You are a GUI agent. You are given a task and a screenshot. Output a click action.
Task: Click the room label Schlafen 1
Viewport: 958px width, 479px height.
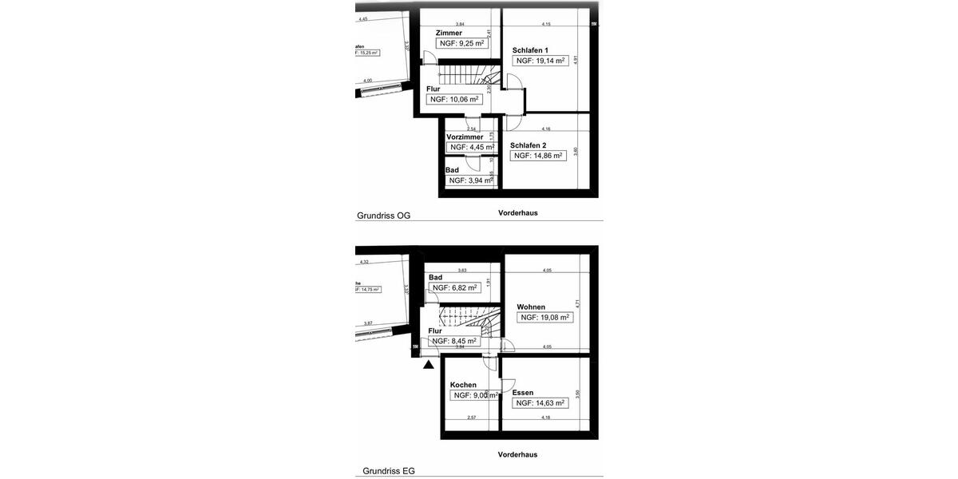[530, 49]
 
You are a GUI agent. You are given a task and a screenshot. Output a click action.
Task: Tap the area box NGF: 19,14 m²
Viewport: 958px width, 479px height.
[540, 61]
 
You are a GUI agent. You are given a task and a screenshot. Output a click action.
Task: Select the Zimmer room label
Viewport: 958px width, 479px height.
[449, 33]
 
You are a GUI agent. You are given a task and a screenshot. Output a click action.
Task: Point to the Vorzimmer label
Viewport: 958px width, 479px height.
[465, 137]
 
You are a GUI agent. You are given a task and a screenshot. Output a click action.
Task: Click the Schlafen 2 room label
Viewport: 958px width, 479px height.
[528, 145]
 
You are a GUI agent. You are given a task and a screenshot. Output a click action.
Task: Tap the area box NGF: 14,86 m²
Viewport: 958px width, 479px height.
[538, 156]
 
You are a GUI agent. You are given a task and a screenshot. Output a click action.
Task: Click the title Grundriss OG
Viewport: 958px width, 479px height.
[383, 216]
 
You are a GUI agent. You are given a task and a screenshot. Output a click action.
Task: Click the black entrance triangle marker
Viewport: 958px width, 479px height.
[429, 365]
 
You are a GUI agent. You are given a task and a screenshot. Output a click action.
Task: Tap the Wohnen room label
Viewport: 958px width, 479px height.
[531, 307]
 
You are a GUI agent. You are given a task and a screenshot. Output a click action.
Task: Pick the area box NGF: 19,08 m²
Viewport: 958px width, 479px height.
[544, 318]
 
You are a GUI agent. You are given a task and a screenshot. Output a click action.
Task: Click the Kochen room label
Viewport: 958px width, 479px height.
[463, 385]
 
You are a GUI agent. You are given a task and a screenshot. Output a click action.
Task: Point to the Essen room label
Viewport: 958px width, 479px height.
[523, 393]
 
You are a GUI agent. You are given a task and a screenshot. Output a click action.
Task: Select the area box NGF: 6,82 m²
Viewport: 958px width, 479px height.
[454, 288]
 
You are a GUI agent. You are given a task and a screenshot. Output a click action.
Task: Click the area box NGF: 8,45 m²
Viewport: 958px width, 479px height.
[453, 341]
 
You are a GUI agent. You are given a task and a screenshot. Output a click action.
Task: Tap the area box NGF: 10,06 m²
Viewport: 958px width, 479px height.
[454, 100]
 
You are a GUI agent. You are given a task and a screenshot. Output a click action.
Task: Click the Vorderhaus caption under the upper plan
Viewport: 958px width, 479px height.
[517, 213]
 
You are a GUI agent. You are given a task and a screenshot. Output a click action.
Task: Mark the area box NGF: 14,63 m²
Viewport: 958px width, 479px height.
[540, 403]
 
